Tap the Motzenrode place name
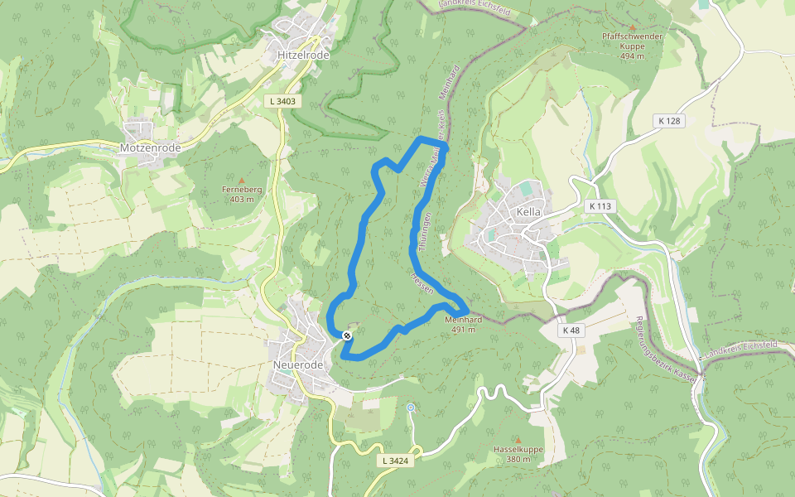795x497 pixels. (150, 147)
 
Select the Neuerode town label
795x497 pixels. (297, 364)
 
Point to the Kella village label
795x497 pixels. (528, 212)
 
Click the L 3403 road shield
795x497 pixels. (282, 101)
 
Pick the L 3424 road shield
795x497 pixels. (397, 460)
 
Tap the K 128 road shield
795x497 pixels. (670, 121)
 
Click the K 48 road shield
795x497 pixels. (571, 331)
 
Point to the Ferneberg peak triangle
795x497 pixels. (242, 181)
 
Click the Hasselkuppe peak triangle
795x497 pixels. (518, 440)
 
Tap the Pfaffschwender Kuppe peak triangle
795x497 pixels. (632, 27)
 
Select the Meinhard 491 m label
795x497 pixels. (464, 325)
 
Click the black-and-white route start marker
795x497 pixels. (348, 335)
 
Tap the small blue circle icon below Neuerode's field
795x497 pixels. (410, 408)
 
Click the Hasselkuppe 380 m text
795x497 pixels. (518, 454)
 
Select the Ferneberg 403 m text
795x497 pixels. (242, 194)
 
